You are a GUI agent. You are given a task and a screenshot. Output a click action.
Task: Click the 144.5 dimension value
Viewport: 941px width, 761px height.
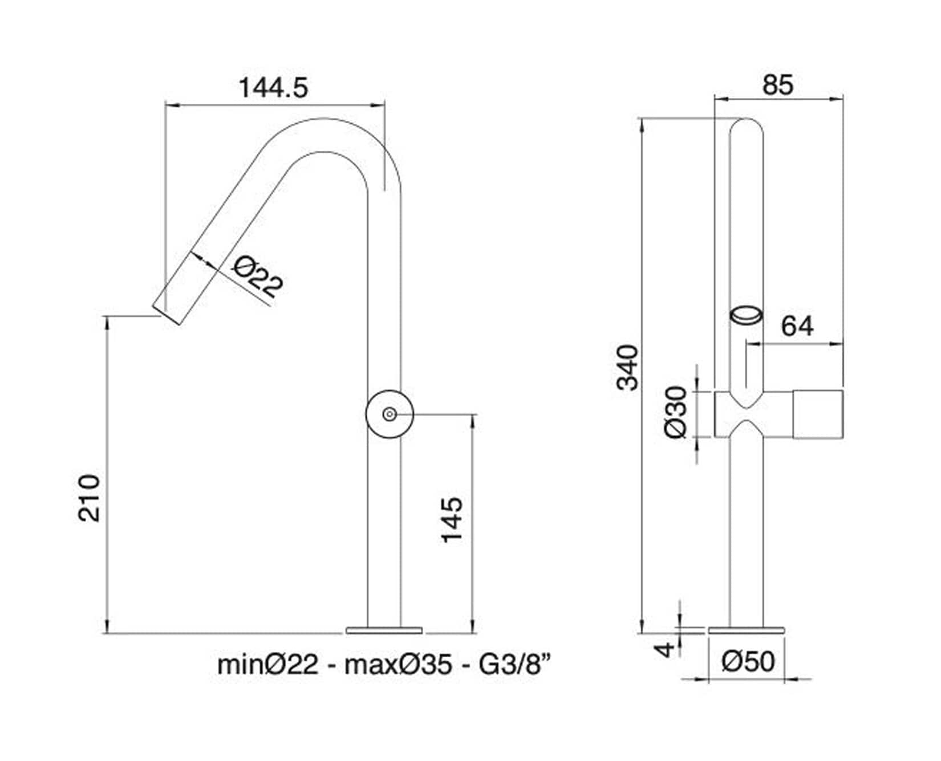point(273,88)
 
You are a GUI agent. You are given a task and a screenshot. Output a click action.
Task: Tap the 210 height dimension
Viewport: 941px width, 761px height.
point(90,498)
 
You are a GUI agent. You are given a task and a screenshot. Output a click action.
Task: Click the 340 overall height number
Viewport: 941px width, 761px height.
point(628,368)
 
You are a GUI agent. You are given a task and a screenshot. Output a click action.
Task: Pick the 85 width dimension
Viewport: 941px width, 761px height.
point(778,86)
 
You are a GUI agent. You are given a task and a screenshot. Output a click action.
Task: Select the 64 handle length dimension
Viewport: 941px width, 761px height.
point(797,327)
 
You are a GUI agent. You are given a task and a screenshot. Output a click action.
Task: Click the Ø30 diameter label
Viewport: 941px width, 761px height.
point(677,413)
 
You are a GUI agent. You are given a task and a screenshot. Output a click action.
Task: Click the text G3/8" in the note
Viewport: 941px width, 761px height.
point(516,665)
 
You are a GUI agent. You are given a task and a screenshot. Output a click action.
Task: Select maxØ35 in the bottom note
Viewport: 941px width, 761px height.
point(398,665)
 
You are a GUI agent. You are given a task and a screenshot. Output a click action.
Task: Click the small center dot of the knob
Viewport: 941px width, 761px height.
point(390,414)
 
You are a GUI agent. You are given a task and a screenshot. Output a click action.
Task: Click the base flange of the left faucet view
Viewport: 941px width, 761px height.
point(384,630)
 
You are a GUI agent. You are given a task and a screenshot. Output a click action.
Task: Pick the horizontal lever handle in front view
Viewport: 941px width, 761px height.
point(817,414)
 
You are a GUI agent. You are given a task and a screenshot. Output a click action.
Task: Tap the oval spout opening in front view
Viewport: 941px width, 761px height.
point(747,315)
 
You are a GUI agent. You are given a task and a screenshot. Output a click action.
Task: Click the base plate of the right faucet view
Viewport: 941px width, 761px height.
point(747,630)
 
